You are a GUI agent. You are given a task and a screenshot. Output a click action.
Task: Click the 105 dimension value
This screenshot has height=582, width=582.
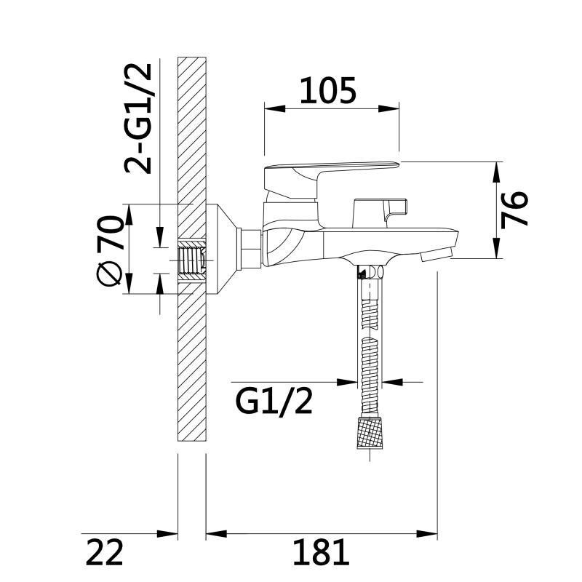pos(328,90)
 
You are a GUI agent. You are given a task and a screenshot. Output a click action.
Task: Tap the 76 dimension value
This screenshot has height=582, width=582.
pos(514,210)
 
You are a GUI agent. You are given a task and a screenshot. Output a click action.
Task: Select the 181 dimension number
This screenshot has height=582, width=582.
pos(321,552)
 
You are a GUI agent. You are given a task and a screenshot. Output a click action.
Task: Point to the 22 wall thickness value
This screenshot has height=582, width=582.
pos(104,552)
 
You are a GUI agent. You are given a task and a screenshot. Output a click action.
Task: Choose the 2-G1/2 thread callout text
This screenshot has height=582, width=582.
pos(138,119)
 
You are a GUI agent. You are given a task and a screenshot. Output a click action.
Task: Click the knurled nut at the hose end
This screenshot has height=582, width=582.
pos(370,432)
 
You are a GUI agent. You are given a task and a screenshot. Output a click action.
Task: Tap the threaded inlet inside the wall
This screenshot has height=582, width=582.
pos(192,260)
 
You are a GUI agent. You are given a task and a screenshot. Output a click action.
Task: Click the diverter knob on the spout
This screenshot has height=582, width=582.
pos(380,212)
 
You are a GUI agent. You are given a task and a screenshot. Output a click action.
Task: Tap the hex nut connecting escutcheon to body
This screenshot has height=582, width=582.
pos(252,249)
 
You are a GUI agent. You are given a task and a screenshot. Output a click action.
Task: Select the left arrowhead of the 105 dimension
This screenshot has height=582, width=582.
pos(275,108)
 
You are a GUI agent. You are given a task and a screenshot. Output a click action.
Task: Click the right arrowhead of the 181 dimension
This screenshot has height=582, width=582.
pos(427,534)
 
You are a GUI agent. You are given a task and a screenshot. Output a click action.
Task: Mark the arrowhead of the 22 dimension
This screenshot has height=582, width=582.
pos(167,534)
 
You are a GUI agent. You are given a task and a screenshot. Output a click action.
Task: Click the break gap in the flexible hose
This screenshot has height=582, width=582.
pos(370,332)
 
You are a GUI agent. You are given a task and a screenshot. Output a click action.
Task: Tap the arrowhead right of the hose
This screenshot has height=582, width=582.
pos(392,381)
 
